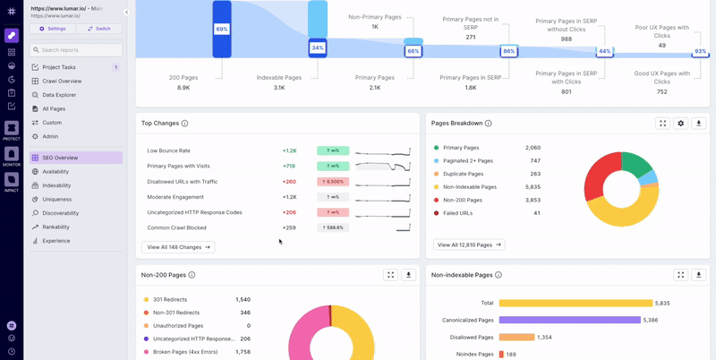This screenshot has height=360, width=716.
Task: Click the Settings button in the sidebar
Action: (52, 29)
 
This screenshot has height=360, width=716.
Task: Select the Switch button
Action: (99, 29)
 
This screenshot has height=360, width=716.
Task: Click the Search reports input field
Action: (75, 50)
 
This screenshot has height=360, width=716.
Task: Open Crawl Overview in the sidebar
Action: (62, 81)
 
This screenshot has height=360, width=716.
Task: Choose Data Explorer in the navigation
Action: (59, 94)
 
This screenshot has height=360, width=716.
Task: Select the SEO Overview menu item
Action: (60, 158)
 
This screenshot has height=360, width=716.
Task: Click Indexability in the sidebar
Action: (56, 185)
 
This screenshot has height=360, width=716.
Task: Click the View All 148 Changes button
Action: (177, 246)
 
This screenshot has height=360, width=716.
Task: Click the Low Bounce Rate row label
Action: (168, 150)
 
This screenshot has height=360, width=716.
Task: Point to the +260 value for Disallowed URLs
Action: (289, 182)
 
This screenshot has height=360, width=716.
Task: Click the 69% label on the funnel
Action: (221, 29)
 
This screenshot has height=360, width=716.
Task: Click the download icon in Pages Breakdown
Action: (699, 123)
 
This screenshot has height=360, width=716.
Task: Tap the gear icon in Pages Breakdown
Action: (680, 123)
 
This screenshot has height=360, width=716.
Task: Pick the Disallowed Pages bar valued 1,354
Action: (516, 337)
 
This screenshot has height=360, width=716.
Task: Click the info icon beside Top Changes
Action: (185, 124)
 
